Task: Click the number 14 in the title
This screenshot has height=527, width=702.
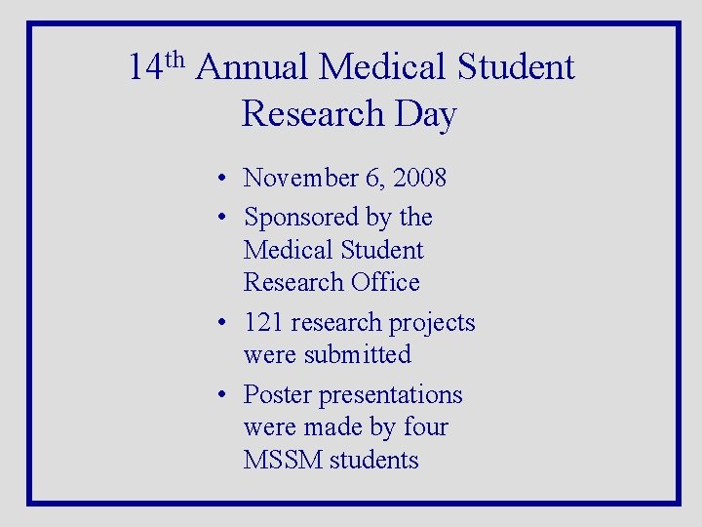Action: [x=144, y=68]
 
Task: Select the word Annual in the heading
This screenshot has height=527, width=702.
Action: [x=253, y=68]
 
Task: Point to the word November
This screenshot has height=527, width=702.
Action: [x=302, y=178]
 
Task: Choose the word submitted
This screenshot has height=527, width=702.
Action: [x=357, y=354]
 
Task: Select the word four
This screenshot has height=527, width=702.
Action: [x=424, y=426]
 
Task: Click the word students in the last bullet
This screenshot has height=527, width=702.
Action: [x=373, y=460]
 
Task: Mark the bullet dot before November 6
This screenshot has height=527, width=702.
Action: [x=223, y=179]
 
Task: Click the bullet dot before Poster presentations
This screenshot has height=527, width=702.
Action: [x=223, y=395]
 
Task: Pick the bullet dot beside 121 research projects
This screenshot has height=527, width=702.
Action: [x=223, y=323]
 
